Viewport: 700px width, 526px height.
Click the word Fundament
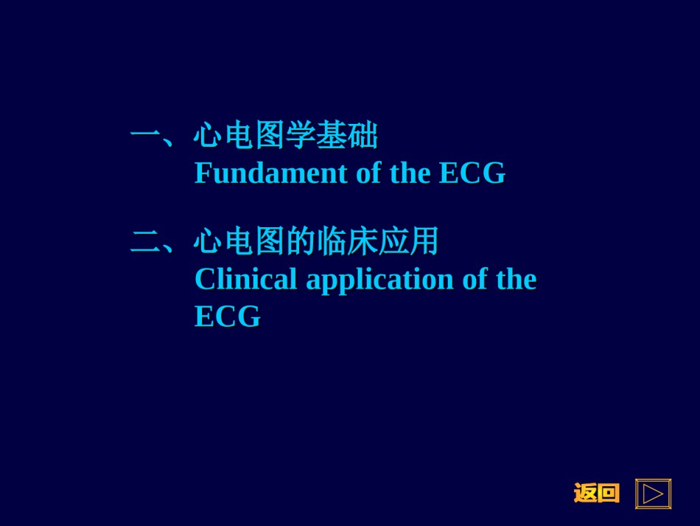click(x=271, y=173)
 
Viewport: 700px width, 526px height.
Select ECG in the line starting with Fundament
click(x=472, y=173)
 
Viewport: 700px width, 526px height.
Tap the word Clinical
click(x=246, y=280)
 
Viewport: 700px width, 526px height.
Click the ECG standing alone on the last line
click(x=228, y=316)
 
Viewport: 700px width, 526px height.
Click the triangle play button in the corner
click(x=653, y=494)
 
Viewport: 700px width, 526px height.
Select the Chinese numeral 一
click(x=145, y=134)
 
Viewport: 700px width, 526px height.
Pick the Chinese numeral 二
click(x=145, y=242)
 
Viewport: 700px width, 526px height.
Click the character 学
click(x=301, y=134)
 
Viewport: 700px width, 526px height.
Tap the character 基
click(x=332, y=134)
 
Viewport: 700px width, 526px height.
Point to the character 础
click(x=363, y=134)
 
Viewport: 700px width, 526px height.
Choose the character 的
click(x=301, y=241)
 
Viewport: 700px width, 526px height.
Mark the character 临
click(x=332, y=241)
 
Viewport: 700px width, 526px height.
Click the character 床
click(x=363, y=241)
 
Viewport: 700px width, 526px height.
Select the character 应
click(x=393, y=241)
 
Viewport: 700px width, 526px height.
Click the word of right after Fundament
click(x=368, y=173)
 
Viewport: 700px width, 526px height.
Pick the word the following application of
click(x=517, y=280)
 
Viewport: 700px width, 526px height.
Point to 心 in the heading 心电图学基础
click(x=208, y=134)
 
